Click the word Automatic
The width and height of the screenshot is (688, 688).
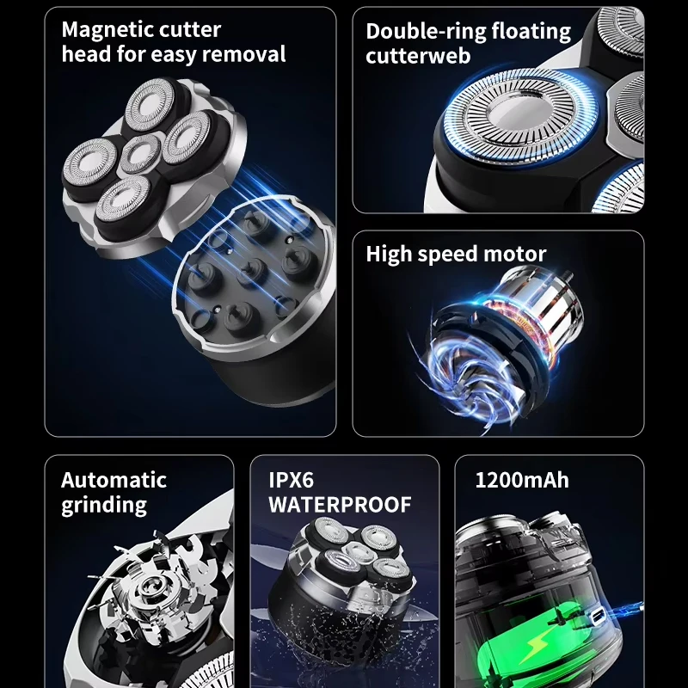(114, 480)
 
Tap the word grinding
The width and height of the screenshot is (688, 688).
(104, 506)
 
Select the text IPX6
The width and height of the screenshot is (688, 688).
(291, 480)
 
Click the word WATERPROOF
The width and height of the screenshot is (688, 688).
(340, 505)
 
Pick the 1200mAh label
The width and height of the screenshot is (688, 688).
(522, 480)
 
